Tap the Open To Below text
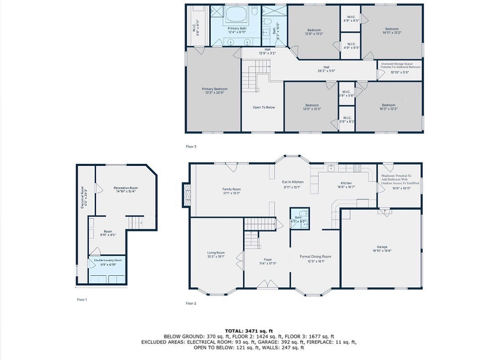[264, 107]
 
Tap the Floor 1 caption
[82, 299]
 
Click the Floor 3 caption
[191, 147]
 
